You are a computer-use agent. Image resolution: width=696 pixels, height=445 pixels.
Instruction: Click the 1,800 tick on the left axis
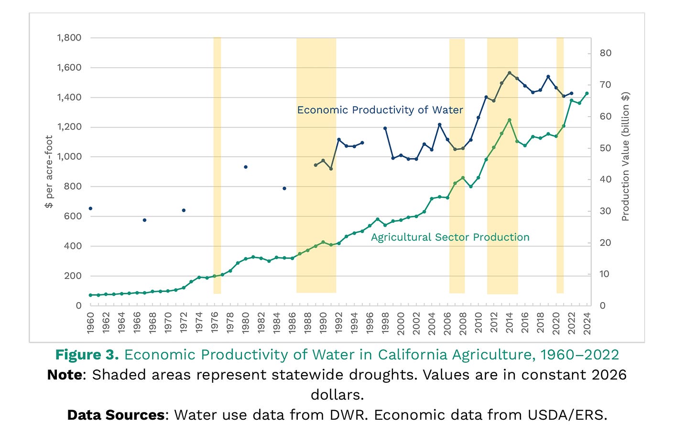tap(69, 38)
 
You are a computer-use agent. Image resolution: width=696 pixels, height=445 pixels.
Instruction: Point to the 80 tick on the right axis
tap(606, 53)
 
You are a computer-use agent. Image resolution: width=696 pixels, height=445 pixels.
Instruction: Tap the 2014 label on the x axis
tap(509, 323)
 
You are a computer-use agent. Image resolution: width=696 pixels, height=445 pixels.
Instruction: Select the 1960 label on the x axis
tap(90, 323)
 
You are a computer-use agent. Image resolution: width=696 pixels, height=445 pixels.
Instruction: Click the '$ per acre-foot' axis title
tap(49, 172)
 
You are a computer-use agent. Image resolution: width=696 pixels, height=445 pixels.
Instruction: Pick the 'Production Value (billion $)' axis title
tap(625, 157)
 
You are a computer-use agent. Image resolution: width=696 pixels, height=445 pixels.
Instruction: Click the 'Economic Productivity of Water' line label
tap(380, 110)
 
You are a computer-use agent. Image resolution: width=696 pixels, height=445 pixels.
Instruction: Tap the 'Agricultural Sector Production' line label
tap(450, 237)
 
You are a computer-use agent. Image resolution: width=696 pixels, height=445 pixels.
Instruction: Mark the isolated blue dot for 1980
tap(246, 167)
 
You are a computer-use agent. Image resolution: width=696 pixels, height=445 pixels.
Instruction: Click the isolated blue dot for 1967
tap(144, 220)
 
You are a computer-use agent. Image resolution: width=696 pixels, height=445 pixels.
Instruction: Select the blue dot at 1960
tap(90, 208)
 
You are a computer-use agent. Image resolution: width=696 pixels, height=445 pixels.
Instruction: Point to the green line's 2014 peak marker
tap(509, 120)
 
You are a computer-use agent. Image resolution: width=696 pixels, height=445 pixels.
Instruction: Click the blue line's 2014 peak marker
tap(509, 73)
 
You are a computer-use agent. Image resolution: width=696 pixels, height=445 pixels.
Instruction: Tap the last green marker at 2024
tap(587, 93)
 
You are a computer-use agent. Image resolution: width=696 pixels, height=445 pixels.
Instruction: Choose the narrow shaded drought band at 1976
tap(217, 165)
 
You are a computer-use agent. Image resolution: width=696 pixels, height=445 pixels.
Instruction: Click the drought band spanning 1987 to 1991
tap(316, 165)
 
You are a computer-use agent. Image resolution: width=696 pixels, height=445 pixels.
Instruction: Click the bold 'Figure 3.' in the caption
tap(87, 355)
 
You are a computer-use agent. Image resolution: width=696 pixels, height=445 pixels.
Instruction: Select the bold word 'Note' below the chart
tap(65, 374)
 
